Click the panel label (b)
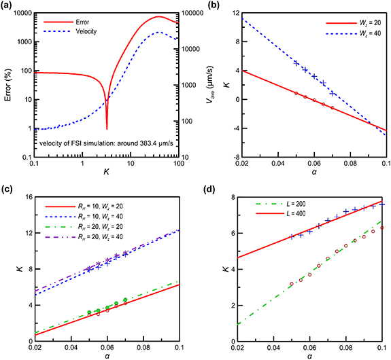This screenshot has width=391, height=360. (207, 7)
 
